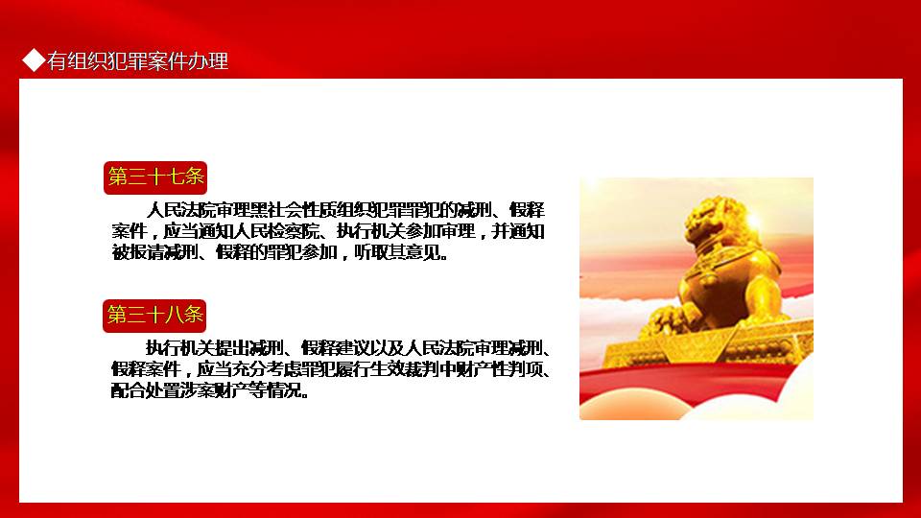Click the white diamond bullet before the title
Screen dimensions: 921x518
[x=34, y=59]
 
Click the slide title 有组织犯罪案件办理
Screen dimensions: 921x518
[x=137, y=60]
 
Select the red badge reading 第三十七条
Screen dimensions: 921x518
[x=155, y=177]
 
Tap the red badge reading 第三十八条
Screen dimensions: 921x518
[x=154, y=316]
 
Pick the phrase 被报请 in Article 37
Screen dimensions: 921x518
[x=138, y=252]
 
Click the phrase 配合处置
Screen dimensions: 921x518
[x=146, y=390]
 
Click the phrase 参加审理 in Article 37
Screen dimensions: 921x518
[x=439, y=231]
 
